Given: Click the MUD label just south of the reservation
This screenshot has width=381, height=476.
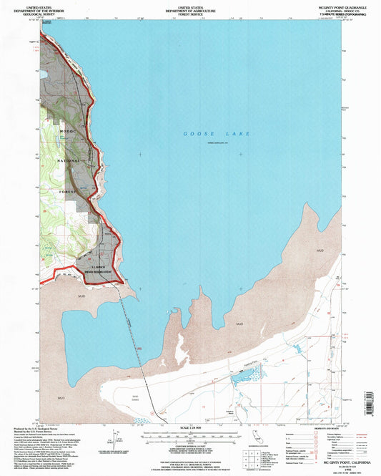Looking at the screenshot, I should coord(79,294).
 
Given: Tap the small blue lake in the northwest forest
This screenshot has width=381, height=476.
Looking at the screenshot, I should coord(44,73).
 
